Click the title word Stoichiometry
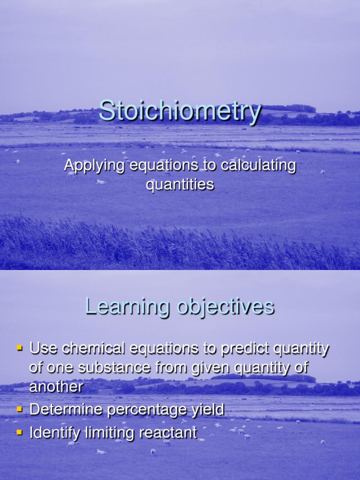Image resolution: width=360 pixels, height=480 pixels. (180, 112)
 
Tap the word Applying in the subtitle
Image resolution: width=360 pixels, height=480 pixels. (94, 166)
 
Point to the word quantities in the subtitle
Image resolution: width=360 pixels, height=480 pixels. (180, 184)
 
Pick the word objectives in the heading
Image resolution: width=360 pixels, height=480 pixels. (225, 307)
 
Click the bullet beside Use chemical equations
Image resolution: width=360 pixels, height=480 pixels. (20, 348)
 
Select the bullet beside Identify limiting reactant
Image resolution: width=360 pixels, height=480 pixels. (20, 432)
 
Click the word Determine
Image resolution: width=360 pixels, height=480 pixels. (66, 410)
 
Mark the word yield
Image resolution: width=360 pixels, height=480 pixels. (208, 411)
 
